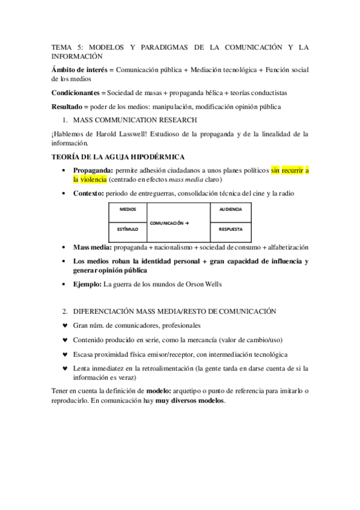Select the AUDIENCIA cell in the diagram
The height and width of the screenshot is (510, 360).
[x=230, y=209]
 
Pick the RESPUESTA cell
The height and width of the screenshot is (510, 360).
[x=230, y=229]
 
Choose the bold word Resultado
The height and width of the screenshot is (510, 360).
[x=70, y=106]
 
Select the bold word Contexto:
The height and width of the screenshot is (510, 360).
[x=88, y=193]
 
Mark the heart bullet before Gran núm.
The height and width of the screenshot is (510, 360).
[x=65, y=325]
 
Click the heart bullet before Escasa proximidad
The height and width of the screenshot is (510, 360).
[x=65, y=354]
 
